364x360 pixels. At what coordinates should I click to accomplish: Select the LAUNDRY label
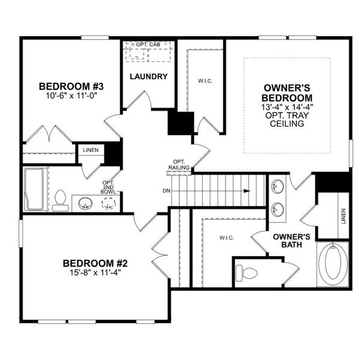(148, 77)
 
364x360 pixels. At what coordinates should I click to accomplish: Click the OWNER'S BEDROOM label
(288, 92)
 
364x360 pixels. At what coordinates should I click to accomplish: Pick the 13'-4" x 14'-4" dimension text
(288, 107)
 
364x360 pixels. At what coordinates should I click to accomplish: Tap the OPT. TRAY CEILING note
(288, 119)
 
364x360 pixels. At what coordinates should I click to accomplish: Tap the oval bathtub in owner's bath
(331, 265)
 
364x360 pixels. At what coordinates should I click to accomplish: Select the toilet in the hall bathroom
(59, 200)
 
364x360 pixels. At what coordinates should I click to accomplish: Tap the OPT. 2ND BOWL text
(109, 188)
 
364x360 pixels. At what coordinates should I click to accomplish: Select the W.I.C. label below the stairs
(227, 238)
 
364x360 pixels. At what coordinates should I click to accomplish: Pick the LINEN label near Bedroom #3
(91, 150)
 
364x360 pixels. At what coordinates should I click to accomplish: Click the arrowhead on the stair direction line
(246, 191)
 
